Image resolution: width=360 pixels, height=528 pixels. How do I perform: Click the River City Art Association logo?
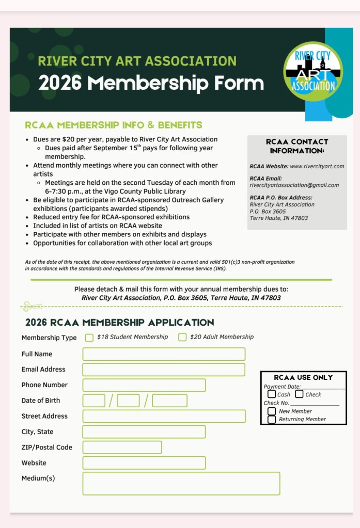pyautogui.click(x=313, y=71)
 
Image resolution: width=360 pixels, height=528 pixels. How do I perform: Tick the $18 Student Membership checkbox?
pyautogui.click(x=89, y=338)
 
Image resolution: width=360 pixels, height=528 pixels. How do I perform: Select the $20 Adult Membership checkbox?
pyautogui.click(x=182, y=338)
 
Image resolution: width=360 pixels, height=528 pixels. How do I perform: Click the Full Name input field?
pyautogui.click(x=164, y=354)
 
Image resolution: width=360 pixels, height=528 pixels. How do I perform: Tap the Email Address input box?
pyautogui.click(x=164, y=370)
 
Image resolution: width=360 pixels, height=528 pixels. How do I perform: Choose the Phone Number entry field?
pyautogui.click(x=144, y=385)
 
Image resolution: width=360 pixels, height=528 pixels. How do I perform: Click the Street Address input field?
pyautogui.click(x=164, y=416)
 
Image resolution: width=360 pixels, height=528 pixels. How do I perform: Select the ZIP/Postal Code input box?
pyautogui.click(x=122, y=447)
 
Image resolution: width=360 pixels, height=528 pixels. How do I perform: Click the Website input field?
pyautogui.click(x=144, y=463)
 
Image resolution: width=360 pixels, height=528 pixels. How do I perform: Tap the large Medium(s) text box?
pyautogui.click(x=181, y=483)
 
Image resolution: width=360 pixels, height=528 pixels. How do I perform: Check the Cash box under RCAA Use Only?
pyautogui.click(x=272, y=394)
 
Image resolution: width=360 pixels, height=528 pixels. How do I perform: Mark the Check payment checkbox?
pyautogui.click(x=300, y=394)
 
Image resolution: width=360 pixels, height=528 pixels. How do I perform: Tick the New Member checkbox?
pyautogui.click(x=272, y=411)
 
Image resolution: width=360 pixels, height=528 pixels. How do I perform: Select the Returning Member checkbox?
pyautogui.click(x=272, y=420)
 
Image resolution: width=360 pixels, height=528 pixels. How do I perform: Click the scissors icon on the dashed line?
pyautogui.click(x=32, y=307)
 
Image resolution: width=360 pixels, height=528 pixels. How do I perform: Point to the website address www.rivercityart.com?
pyautogui.click(x=317, y=167)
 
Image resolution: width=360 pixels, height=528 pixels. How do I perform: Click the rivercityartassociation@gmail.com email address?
pyautogui.click(x=294, y=185)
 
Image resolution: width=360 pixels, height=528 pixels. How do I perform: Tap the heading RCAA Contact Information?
pyautogui.click(x=297, y=146)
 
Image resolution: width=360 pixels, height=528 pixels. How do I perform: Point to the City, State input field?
pyautogui.click(x=144, y=432)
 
